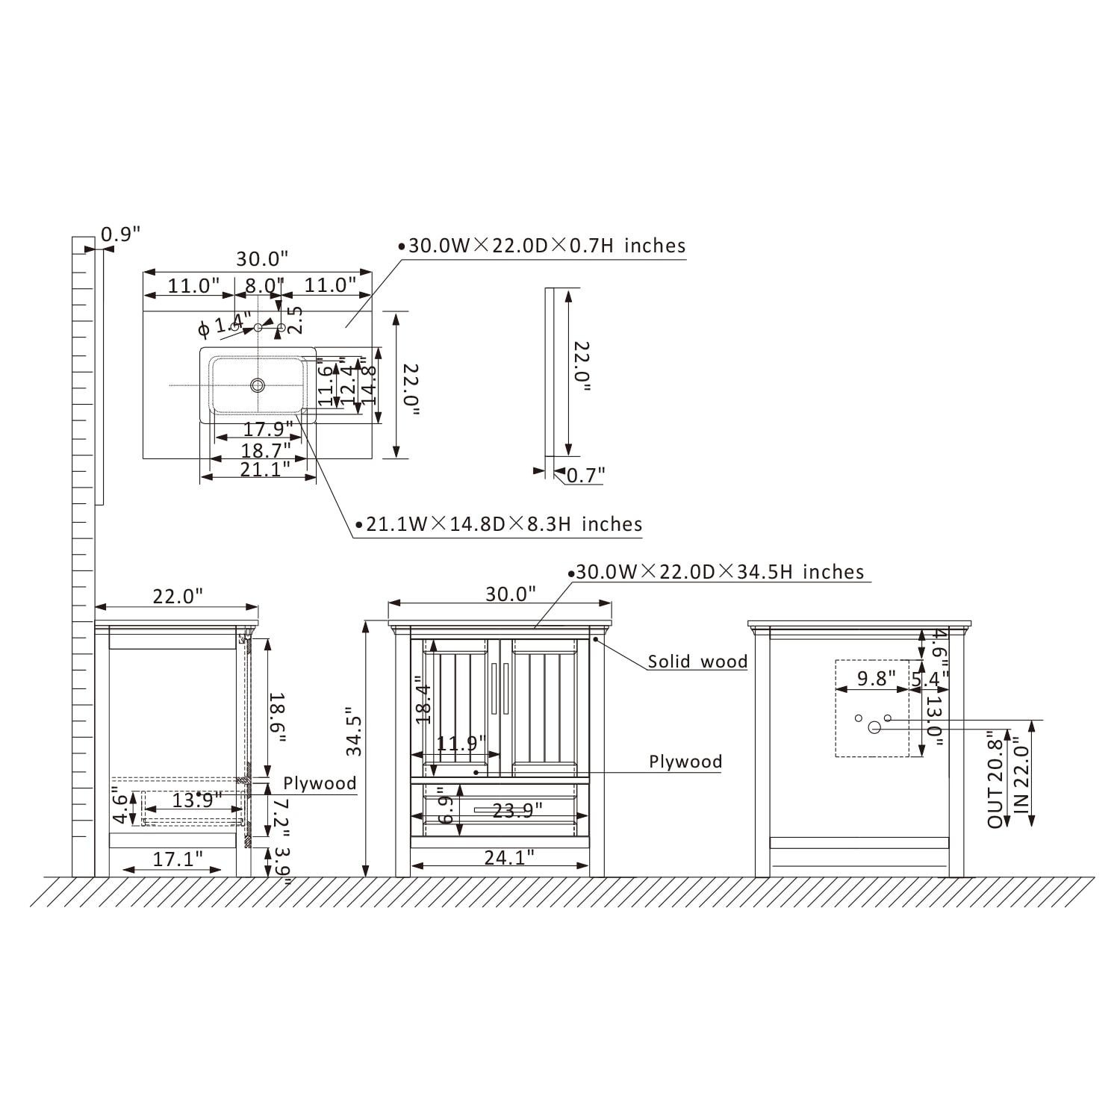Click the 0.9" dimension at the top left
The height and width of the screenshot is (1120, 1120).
click(x=120, y=234)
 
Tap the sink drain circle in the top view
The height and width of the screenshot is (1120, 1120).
click(x=258, y=385)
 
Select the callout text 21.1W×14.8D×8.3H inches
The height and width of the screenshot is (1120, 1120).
click(x=504, y=524)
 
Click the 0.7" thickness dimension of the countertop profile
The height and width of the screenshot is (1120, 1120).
click(x=585, y=475)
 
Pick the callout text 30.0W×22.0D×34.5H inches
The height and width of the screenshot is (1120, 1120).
click(x=720, y=572)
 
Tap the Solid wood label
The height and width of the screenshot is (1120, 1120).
click(x=697, y=662)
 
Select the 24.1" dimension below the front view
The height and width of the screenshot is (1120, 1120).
click(x=509, y=858)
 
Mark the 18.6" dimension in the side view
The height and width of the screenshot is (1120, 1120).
click(x=277, y=717)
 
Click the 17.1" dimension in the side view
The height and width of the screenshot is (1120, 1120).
click(x=178, y=859)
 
